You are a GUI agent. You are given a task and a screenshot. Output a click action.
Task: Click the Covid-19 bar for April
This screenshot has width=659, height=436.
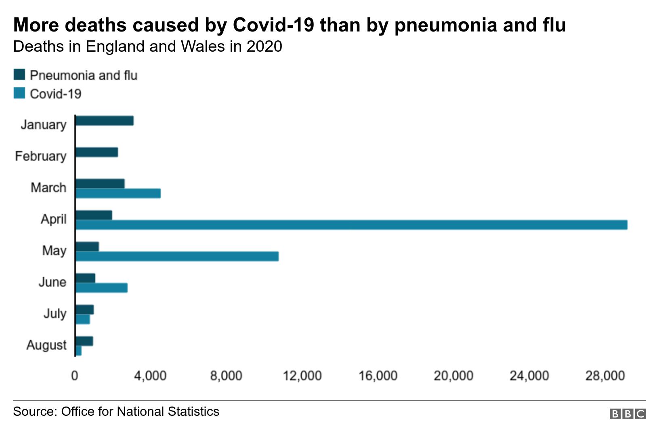(351, 225)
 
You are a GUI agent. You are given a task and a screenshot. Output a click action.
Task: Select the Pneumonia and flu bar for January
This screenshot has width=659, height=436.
(105, 121)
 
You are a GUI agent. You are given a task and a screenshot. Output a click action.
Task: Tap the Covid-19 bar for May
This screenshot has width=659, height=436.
(177, 256)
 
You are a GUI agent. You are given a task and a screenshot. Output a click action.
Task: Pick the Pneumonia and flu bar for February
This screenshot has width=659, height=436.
(97, 152)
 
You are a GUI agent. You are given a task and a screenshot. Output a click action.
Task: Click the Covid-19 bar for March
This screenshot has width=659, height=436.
(118, 193)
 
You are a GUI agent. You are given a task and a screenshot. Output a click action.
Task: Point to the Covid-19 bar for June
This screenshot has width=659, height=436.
(101, 288)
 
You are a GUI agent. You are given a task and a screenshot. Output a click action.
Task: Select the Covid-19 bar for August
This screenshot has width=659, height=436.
(79, 351)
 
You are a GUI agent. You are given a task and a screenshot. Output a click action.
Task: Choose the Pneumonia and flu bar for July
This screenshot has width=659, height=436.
(84, 310)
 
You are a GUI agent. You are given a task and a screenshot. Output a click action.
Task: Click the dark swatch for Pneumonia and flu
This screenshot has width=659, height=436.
(19, 75)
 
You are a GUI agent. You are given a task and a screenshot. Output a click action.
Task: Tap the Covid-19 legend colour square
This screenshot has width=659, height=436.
(19, 93)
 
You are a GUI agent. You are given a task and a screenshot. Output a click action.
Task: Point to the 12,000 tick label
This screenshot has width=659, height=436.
(302, 376)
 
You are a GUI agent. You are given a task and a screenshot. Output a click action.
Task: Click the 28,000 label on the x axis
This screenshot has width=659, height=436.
(605, 376)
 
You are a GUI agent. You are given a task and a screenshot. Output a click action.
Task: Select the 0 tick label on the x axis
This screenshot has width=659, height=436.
(75, 376)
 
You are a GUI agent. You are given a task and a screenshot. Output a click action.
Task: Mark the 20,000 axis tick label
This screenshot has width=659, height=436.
(453, 376)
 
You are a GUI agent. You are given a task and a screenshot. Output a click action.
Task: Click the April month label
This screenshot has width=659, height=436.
(53, 219)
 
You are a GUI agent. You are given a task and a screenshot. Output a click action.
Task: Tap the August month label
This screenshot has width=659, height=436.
(46, 345)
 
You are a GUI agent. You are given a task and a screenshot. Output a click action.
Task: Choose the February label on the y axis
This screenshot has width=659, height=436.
(41, 156)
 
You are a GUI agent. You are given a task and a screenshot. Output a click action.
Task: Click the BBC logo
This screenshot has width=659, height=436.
(628, 414)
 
